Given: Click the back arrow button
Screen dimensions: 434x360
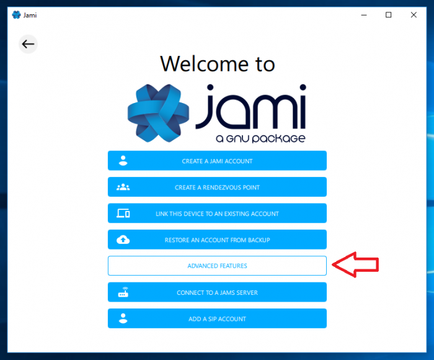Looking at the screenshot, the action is click(28, 44).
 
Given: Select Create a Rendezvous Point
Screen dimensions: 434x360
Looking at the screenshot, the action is click(217, 187).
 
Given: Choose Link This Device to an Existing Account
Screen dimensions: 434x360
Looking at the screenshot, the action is click(217, 214).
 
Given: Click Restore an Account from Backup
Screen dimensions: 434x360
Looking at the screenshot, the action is click(217, 240).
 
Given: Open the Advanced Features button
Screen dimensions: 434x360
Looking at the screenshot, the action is click(217, 266).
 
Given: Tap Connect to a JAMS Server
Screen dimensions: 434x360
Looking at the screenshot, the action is click(217, 292).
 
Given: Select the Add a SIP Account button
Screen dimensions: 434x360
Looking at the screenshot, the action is click(217, 318).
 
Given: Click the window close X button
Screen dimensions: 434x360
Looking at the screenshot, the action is click(414, 15).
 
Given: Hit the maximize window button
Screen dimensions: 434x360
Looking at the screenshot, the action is click(388, 15).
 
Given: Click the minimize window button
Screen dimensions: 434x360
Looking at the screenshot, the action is click(364, 16).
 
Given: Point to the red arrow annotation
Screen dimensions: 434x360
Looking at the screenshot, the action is click(355, 264).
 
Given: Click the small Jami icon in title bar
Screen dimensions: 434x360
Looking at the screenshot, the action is click(16, 15).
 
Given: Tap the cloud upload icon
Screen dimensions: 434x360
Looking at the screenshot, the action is click(123, 240).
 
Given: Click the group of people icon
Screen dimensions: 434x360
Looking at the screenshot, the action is click(123, 187).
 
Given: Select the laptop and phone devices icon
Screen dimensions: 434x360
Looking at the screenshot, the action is click(123, 214).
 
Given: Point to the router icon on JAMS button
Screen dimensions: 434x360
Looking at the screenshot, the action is click(123, 292).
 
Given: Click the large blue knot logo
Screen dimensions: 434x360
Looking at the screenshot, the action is click(158, 113).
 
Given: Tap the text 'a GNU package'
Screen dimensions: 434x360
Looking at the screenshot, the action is click(260, 138).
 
